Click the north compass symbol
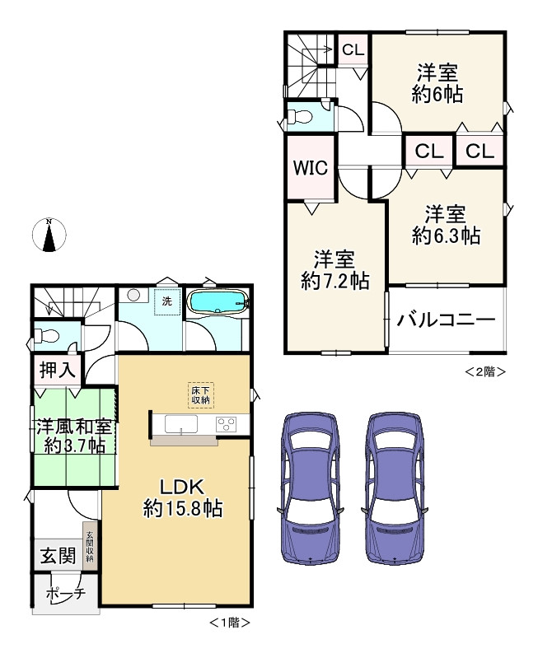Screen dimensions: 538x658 [49, 235]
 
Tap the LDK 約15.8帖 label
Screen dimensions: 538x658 [183, 498]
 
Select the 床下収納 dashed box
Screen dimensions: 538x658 [201, 395]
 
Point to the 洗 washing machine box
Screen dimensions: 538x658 [167, 301]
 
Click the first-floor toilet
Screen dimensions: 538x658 [46, 336]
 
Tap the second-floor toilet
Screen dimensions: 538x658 [299, 116]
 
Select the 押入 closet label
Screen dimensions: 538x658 [58, 370]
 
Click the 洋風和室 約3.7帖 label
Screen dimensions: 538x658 [74, 436]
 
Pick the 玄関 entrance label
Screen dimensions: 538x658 [58, 556]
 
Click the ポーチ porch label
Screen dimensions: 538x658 [66, 594]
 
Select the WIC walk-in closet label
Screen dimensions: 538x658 [311, 168]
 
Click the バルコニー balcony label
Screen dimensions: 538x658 [446, 320]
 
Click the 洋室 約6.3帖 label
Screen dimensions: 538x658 [446, 226]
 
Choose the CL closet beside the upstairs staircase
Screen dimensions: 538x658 [353, 50]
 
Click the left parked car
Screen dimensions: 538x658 [311, 488]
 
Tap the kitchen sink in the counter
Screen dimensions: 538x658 [181, 424]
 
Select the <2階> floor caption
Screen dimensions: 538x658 [485, 371]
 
